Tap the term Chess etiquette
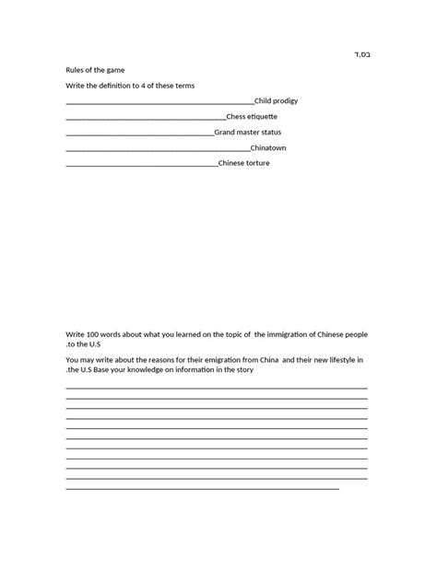pos(252,116)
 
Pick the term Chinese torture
pos(244,163)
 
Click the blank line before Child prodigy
pos(159,102)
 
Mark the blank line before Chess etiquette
pos(146,118)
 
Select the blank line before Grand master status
pos(139,134)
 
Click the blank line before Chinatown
pos(158,149)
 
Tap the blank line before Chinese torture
pos(142,165)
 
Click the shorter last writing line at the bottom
pos(202,488)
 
